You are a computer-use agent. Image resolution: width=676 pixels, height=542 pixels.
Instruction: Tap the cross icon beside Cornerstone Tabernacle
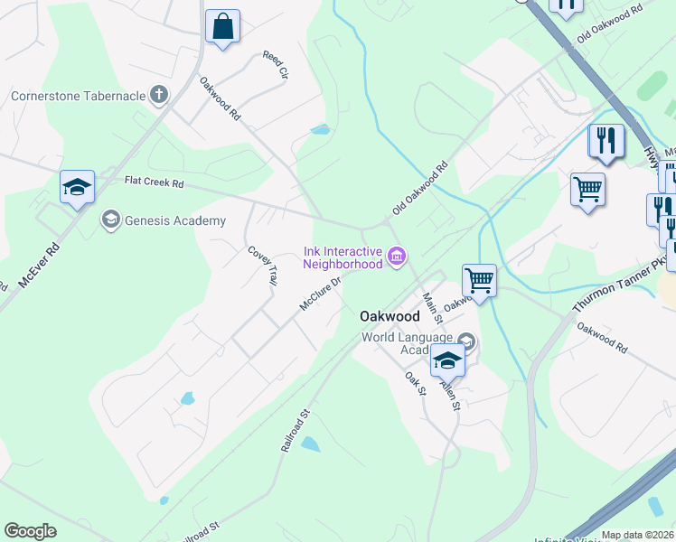click(160, 94)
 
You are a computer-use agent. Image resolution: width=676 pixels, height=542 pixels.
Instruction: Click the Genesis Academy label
click(174, 220)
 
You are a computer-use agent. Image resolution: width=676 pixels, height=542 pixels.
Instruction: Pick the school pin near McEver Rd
click(78, 188)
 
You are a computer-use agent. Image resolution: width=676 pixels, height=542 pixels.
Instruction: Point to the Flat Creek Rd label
click(154, 183)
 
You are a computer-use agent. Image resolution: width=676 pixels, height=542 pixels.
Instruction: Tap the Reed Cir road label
click(275, 65)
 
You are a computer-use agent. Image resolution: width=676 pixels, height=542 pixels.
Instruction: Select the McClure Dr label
click(322, 293)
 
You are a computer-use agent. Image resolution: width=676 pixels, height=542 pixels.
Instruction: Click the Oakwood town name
click(390, 316)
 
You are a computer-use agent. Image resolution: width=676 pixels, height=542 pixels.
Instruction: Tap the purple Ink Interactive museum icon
click(396, 257)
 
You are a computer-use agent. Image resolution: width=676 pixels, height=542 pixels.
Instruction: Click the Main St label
click(432, 307)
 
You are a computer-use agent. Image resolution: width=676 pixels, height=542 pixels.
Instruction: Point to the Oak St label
click(415, 384)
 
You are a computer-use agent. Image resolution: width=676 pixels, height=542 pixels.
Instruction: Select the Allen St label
click(450, 394)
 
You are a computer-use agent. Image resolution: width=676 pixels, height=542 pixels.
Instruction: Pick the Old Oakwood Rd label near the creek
click(420, 188)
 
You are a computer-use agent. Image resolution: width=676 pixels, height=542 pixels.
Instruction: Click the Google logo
click(30, 531)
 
